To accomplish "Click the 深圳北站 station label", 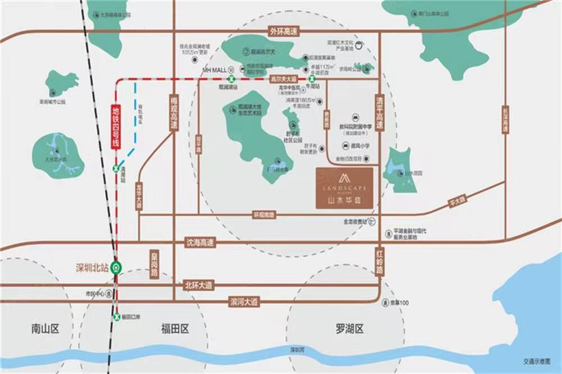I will click(92, 267).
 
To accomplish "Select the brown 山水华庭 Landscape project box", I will click(344, 188).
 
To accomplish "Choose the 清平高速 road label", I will click(379, 112).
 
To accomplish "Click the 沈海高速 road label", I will click(200, 242).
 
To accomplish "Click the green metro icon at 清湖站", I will click(116, 168).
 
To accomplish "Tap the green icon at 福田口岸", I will click(116, 317).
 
